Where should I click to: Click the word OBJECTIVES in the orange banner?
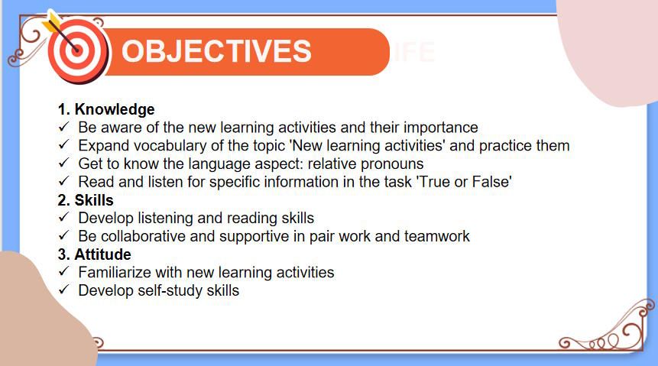point(216,51)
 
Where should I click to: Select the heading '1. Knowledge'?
point(106,109)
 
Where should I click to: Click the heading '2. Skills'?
point(86,200)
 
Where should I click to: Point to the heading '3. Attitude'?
point(94,254)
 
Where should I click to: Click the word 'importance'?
point(443,128)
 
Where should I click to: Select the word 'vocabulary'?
point(169,146)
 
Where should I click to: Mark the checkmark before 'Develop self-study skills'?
point(64,290)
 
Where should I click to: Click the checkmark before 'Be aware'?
point(64,128)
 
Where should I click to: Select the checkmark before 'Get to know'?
point(64,164)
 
